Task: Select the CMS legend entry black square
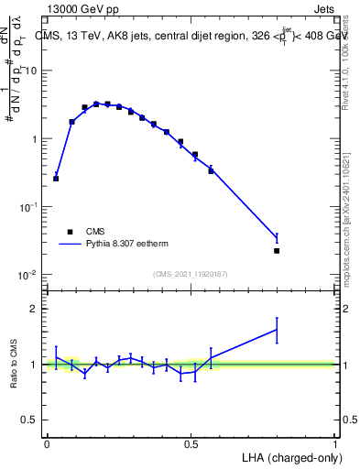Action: [69, 232]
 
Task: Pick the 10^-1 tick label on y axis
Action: [27, 207]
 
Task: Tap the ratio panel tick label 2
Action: [35, 309]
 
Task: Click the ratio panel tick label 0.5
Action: [30, 420]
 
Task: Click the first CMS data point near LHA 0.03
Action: [56, 179]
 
